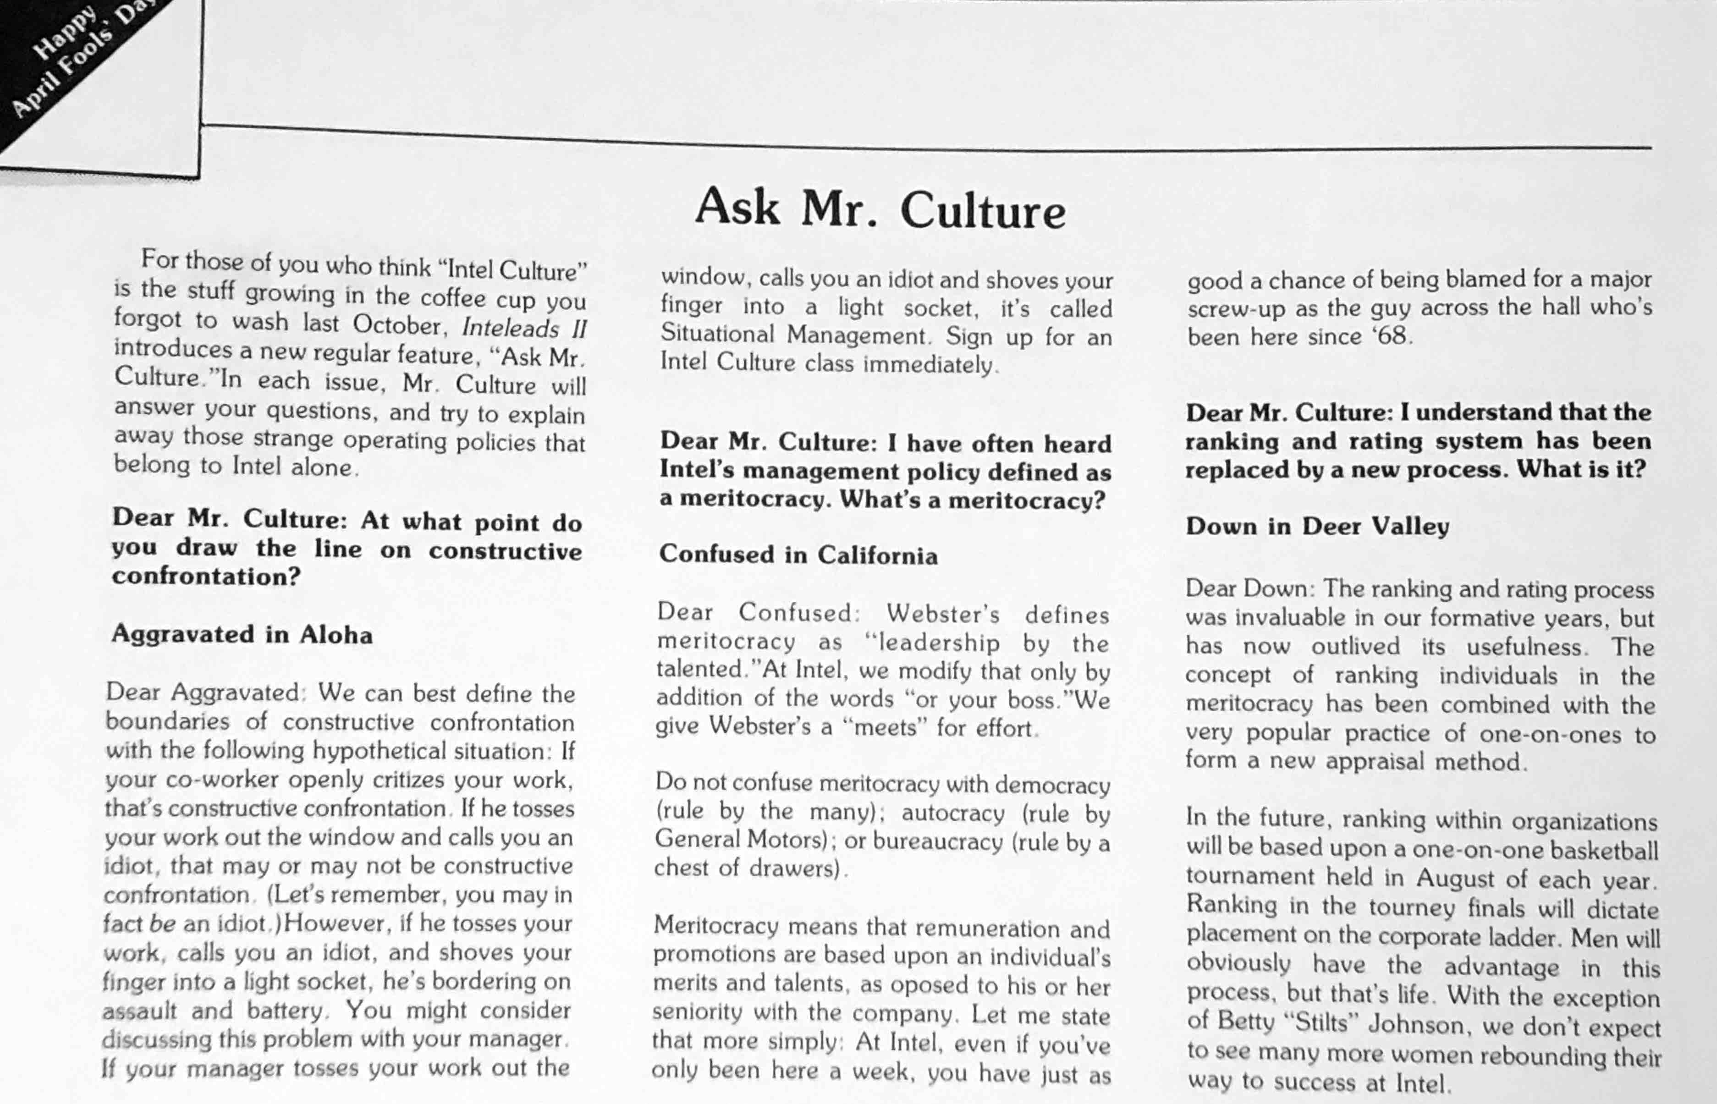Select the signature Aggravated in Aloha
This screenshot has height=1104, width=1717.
coord(242,634)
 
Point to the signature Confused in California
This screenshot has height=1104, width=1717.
coord(798,555)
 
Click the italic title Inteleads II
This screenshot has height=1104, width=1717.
coord(524,328)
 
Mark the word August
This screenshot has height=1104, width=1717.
coord(1455,879)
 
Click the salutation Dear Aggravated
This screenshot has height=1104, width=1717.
coord(203,692)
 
